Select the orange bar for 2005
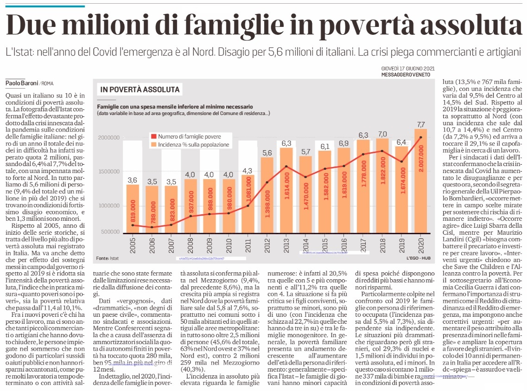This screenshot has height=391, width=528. [133, 208]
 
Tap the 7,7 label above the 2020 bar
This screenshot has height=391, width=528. [421, 124]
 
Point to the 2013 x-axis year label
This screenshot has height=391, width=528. [286, 245]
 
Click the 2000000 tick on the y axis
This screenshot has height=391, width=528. [109, 137]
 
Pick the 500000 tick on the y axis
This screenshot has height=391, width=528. [110, 232]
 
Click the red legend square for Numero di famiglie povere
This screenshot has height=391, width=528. [154, 136]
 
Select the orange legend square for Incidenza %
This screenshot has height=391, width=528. [154, 144]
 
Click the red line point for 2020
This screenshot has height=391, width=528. [421, 137]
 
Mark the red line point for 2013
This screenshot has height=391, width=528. [286, 167]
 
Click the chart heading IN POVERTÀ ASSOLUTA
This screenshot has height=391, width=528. [140, 90]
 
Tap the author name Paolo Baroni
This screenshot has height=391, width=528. [21, 83]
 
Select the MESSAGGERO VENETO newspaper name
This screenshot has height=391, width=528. [406, 75]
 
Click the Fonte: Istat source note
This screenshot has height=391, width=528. [108, 258]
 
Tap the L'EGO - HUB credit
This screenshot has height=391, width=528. [418, 258]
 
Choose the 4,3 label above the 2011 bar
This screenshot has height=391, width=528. [248, 171]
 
